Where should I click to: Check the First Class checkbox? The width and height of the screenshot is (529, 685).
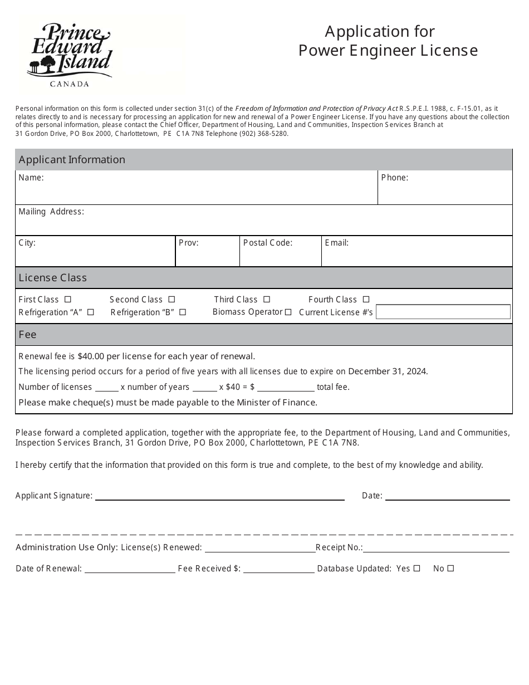coord(68,299)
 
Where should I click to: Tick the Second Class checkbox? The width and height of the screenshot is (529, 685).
coord(172,299)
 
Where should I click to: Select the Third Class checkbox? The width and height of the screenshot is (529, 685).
coord(267,299)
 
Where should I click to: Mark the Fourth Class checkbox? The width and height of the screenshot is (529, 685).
coord(366,299)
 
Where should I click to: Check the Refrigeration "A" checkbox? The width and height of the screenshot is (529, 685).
coord(91,312)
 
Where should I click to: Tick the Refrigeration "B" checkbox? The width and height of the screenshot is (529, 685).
coord(183,312)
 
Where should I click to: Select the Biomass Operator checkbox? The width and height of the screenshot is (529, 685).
coord(288,312)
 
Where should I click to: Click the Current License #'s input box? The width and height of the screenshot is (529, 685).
coord(443,312)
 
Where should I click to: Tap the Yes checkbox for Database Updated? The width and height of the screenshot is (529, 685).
coord(417,569)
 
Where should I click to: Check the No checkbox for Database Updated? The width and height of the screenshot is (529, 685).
coord(450,569)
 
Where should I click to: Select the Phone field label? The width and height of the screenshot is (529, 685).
coord(394,178)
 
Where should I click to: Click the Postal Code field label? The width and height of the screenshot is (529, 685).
coord(267,243)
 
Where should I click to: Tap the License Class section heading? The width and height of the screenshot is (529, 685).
coord(53,277)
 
